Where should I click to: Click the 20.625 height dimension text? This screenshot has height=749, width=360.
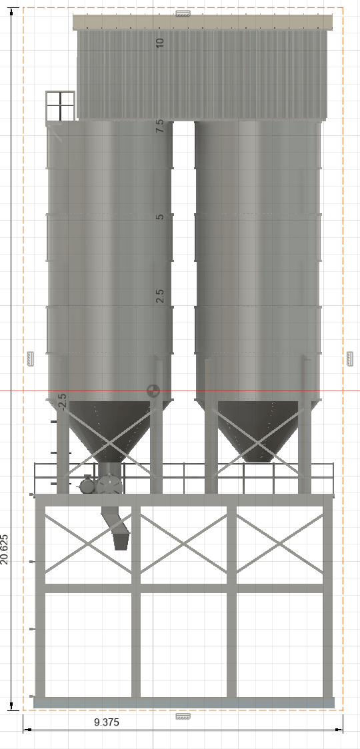tap(4, 549)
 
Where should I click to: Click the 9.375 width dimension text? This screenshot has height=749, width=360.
tap(106, 722)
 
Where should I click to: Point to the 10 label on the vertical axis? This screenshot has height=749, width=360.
tap(160, 42)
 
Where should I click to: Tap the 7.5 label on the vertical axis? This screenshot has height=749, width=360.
tap(160, 126)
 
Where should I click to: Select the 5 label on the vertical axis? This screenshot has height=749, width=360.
tap(160, 217)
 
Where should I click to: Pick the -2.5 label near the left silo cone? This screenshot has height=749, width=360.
tap(62, 402)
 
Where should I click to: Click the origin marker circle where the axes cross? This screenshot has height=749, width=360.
tap(153, 391)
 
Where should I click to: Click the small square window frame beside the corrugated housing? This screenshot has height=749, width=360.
tap(60, 105)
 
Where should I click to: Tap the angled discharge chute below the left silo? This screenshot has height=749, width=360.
tap(116, 528)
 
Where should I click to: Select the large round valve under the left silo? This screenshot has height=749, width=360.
tap(110, 485)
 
